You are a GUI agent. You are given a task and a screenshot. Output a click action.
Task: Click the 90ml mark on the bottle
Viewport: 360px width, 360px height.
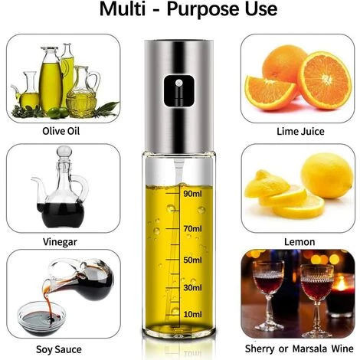coord(192,194)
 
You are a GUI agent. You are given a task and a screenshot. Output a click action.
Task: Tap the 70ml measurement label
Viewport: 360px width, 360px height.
coord(192,228)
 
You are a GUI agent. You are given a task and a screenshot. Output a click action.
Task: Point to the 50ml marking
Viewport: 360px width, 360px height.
coord(192,260)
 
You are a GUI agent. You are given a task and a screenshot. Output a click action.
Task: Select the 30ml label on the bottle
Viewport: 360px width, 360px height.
coord(192,288)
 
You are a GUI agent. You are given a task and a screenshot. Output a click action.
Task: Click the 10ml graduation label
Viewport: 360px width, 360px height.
coord(192,314)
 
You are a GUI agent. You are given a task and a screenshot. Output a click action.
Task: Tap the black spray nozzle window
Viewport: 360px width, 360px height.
coord(179,90)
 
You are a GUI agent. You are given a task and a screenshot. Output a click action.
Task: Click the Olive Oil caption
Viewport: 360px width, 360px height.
coord(61,131)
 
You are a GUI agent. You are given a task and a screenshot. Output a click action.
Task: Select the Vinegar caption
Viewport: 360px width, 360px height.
coord(60,242)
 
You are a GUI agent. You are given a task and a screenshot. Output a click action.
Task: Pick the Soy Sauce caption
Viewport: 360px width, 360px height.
coord(59,349)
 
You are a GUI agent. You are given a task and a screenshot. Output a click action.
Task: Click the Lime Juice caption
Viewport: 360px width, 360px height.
coord(300,132)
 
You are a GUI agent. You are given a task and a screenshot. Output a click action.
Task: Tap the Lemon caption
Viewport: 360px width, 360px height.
coord(299,242)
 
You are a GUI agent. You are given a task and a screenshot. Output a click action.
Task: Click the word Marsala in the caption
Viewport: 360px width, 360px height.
coord(309,349)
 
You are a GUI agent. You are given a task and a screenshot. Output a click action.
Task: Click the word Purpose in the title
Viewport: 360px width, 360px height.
coord(222,9)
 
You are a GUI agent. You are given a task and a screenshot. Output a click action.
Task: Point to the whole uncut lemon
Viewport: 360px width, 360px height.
coord(327,175)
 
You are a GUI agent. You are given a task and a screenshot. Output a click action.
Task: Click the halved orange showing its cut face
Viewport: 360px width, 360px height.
coord(325,80)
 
